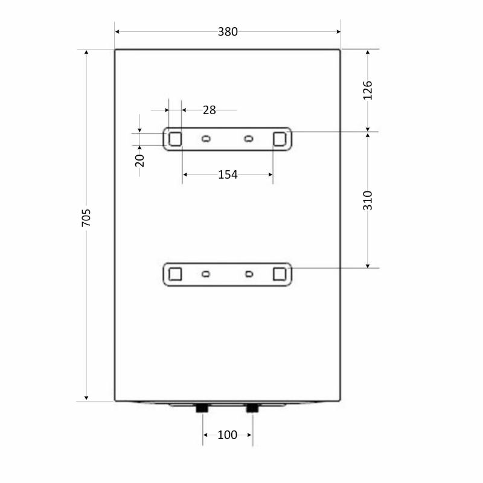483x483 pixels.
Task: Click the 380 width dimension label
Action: (x=228, y=32)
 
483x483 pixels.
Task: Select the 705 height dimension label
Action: (x=86, y=218)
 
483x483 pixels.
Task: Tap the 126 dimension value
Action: (x=368, y=91)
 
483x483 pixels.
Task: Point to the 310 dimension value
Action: (x=368, y=200)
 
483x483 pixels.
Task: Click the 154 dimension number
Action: (x=228, y=174)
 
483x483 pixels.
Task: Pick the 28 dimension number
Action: (x=210, y=110)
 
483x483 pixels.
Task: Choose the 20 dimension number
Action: (x=139, y=161)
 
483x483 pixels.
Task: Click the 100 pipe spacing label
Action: (x=228, y=435)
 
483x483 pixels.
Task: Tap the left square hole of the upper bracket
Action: (x=175, y=139)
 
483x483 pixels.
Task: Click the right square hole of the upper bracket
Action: (x=280, y=139)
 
